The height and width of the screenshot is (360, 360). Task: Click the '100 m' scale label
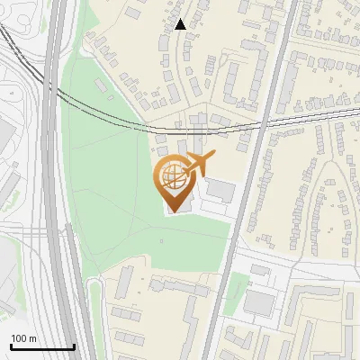click(23, 338)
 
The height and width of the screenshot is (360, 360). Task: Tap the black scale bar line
click(42, 346)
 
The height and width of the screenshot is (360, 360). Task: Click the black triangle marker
click(182, 24)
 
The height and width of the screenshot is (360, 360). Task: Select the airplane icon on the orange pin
click(199, 165)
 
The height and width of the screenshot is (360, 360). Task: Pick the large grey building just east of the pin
click(220, 191)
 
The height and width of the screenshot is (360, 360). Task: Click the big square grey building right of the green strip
click(258, 302)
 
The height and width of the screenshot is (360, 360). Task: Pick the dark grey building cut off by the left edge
click(4, 135)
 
